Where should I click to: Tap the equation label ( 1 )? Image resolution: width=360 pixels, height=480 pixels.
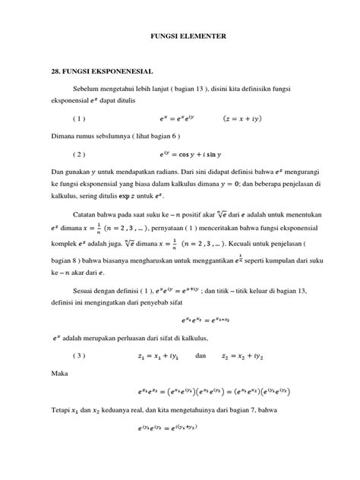click(x=79, y=118)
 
